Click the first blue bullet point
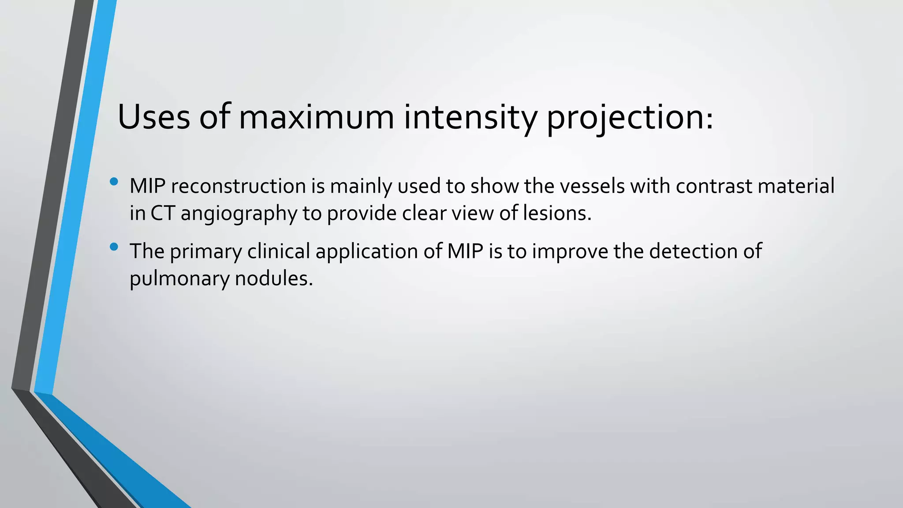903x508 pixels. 114,181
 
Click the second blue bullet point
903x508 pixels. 114,247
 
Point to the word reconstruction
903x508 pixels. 238,186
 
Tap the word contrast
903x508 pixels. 714,186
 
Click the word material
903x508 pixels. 796,186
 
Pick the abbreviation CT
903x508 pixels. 163,213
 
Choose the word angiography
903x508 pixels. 239,214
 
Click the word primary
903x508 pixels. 206,252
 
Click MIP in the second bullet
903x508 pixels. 465,251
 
